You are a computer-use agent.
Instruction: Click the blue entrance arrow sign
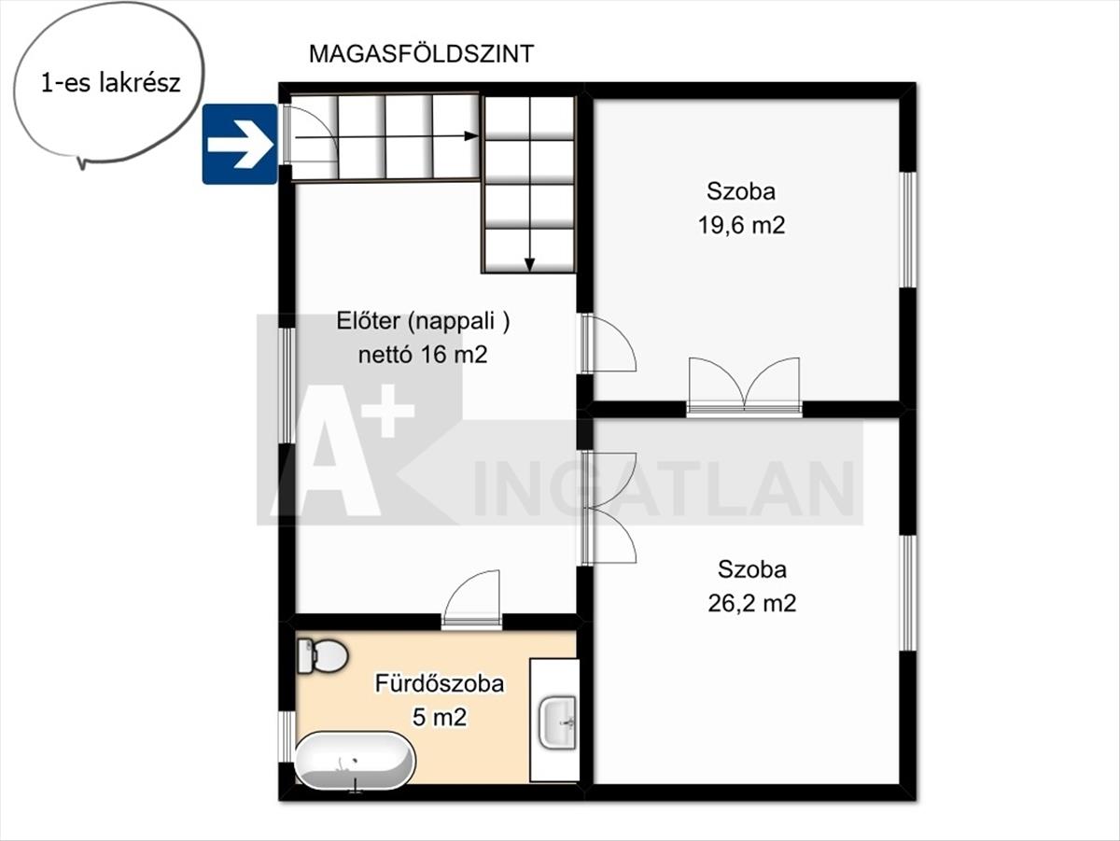(x=240, y=144)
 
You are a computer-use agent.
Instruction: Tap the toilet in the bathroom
(x=322, y=656)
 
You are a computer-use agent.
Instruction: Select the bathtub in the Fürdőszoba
(x=356, y=762)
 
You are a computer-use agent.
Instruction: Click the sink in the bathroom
(x=558, y=722)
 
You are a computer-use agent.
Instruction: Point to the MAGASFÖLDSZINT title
(x=421, y=54)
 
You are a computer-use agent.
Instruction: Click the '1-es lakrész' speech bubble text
(x=111, y=83)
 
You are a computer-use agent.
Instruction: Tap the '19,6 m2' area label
(x=741, y=225)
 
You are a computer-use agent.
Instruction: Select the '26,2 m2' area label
(x=752, y=603)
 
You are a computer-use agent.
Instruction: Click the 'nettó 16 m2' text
(x=423, y=354)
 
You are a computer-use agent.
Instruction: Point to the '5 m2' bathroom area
(x=440, y=717)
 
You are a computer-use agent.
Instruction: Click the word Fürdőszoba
(x=440, y=683)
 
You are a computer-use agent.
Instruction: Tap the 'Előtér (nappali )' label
(x=423, y=321)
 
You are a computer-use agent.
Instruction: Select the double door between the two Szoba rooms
(x=744, y=385)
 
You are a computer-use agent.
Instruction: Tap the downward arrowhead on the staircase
(x=529, y=265)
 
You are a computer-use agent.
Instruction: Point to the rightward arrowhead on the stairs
(x=471, y=135)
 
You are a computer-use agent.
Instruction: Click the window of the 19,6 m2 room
(x=907, y=230)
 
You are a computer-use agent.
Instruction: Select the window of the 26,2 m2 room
(x=907, y=593)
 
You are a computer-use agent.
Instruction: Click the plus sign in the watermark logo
(x=390, y=412)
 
